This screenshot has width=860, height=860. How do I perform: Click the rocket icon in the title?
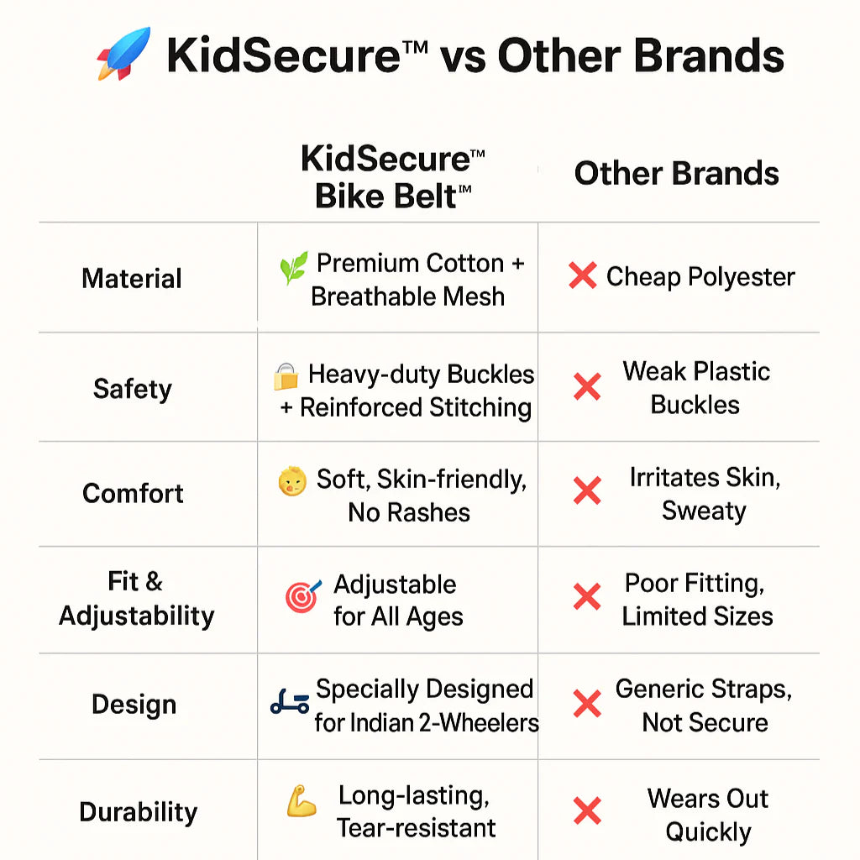point(123,54)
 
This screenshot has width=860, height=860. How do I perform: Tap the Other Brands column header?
point(676,174)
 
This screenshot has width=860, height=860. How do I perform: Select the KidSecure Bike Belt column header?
point(393,177)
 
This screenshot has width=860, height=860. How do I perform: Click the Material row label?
point(132,279)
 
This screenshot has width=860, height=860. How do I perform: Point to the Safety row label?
point(133,389)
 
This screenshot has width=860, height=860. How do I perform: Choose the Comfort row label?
point(133,493)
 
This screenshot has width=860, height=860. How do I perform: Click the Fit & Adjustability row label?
point(136,598)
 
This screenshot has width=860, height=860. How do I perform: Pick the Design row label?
point(134,705)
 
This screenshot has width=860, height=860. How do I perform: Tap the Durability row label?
point(139,812)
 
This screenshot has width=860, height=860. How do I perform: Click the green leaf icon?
point(293,269)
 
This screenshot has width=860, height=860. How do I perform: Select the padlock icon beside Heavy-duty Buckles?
point(286,377)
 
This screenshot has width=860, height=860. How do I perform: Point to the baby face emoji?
point(291,482)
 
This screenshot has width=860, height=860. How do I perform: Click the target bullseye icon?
point(302,595)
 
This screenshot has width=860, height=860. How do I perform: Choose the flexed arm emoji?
point(301,803)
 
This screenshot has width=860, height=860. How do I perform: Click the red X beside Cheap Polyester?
point(582,275)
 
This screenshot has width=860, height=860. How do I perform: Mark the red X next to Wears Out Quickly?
point(587,811)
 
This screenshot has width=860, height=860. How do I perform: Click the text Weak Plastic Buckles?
point(696,388)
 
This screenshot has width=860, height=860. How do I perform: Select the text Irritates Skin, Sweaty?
point(705,494)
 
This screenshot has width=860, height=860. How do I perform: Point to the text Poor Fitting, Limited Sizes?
point(697,600)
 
